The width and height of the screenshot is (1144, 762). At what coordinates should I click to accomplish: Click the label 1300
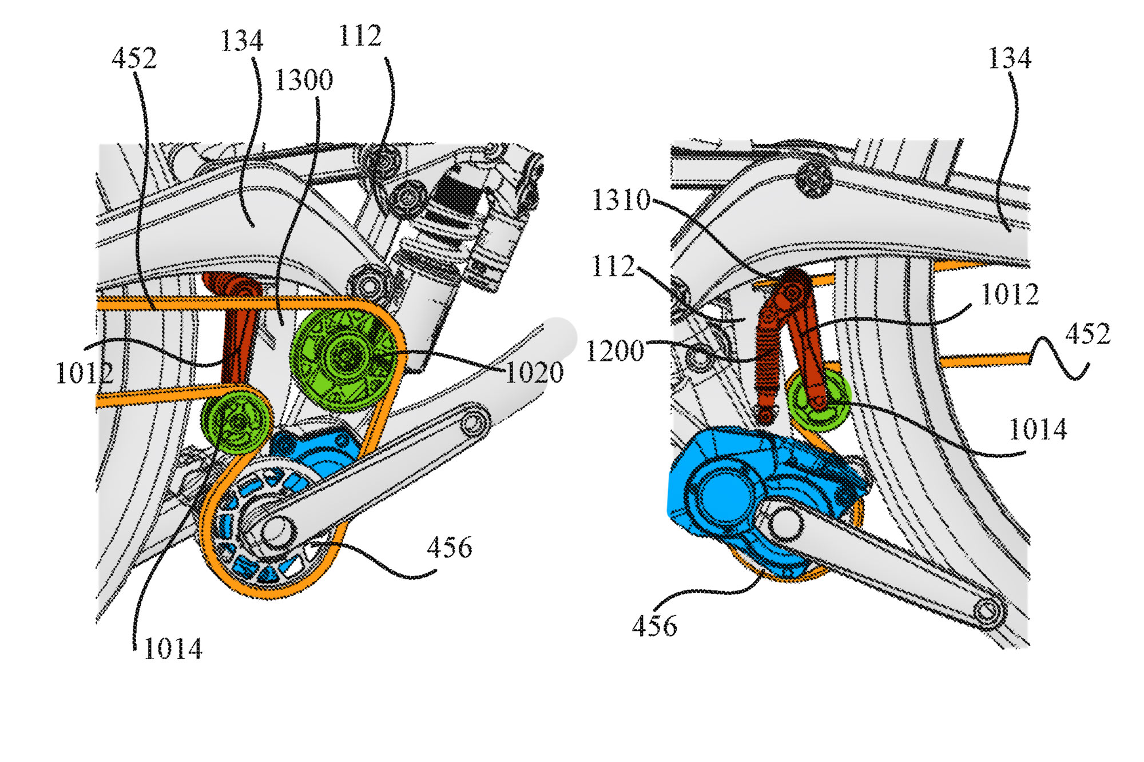pyautogui.click(x=304, y=80)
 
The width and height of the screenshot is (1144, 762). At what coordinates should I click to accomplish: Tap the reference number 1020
pyautogui.click(x=534, y=373)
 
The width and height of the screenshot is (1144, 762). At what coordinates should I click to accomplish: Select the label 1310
pyautogui.click(x=621, y=200)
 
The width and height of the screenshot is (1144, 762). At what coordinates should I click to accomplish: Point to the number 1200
pyautogui.click(x=615, y=351)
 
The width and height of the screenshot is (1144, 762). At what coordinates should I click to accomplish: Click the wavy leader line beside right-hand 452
pyautogui.click(x=1058, y=357)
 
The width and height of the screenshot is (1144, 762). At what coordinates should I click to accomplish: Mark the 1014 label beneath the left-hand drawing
pyautogui.click(x=173, y=649)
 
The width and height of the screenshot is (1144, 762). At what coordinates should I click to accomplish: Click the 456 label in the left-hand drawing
pyautogui.click(x=449, y=548)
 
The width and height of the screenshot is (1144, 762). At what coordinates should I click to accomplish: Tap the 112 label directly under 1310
pyautogui.click(x=613, y=266)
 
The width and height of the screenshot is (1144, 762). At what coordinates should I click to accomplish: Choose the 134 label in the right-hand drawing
pyautogui.click(x=1010, y=58)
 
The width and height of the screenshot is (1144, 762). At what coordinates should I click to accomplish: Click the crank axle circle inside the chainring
pyautogui.click(x=275, y=529)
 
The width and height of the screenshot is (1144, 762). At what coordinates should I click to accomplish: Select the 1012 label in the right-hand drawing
pyautogui.click(x=1010, y=295)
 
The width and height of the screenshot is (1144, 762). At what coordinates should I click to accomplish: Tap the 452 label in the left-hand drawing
pyautogui.click(x=134, y=58)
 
